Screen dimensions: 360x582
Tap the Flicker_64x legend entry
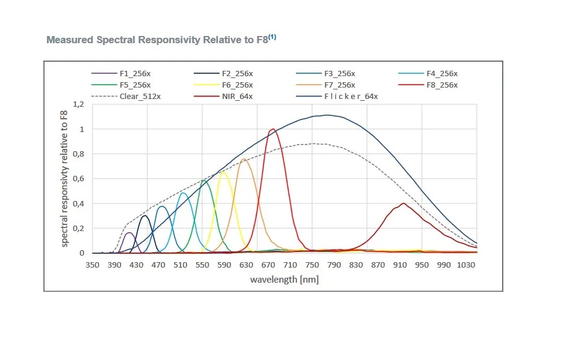point(351,96)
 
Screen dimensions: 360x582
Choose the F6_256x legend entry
point(237,85)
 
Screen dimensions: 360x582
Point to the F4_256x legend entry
point(442,74)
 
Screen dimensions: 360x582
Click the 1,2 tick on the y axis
point(79,104)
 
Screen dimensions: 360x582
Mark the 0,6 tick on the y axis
point(79,179)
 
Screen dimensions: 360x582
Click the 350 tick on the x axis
point(92,265)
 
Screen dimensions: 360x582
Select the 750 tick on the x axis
point(312,265)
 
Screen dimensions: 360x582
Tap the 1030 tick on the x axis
point(466,265)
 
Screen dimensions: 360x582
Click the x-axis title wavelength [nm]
point(284,280)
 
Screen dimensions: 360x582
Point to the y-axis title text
point(65,179)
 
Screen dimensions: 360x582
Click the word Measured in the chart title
point(68,40)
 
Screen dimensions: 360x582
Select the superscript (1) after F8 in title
point(272,37)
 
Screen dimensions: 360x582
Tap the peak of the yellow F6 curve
point(224,172)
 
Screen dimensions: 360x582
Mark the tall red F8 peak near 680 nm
point(273,129)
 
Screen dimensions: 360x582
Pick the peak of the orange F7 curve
point(244,159)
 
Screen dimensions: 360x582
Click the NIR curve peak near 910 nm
point(404,203)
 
